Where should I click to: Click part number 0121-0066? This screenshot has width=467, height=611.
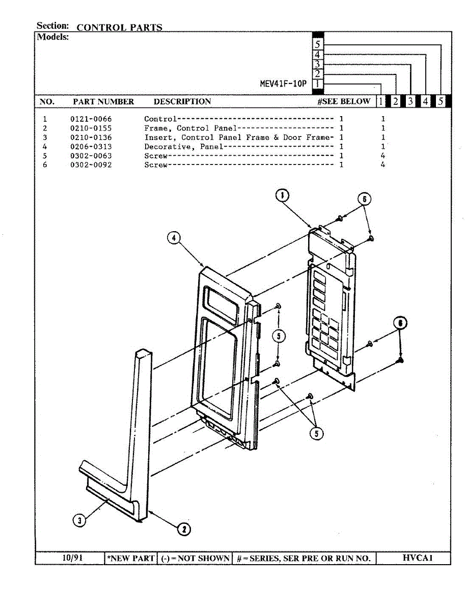click(x=91, y=119)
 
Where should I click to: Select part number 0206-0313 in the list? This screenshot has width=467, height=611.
click(x=91, y=147)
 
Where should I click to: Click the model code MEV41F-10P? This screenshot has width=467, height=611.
click(x=283, y=84)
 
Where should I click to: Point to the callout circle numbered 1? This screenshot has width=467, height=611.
click(x=283, y=195)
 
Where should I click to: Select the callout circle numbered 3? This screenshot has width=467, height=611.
click(x=79, y=520)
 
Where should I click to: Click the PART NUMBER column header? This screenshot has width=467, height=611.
click(x=103, y=101)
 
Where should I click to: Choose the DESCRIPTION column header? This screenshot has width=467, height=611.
click(x=182, y=101)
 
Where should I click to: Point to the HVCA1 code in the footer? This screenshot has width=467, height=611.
click(x=417, y=558)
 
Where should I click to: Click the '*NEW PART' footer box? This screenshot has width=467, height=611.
click(x=131, y=559)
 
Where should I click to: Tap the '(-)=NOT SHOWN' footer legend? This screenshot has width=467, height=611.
click(x=195, y=559)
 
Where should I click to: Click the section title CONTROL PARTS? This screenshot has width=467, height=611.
click(x=119, y=27)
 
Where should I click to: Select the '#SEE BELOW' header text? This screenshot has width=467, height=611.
click(x=344, y=101)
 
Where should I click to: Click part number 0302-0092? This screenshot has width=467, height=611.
click(x=91, y=165)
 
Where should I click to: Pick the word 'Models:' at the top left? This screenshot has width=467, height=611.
click(x=52, y=37)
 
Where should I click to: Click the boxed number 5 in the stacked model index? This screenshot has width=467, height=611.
click(x=317, y=44)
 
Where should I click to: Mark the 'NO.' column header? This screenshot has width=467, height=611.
click(x=47, y=101)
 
